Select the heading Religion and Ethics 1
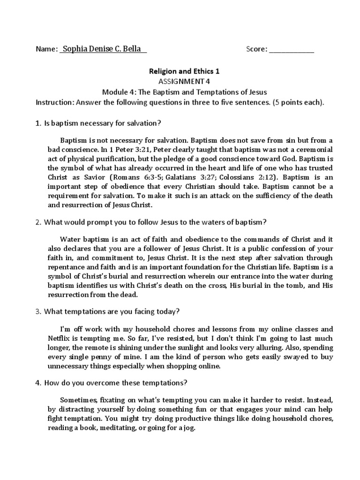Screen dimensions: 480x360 point(184,72)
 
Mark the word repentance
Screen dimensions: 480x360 point(67,267)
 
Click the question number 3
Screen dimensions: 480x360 point(38,311)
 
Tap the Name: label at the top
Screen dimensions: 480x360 point(46,49)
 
